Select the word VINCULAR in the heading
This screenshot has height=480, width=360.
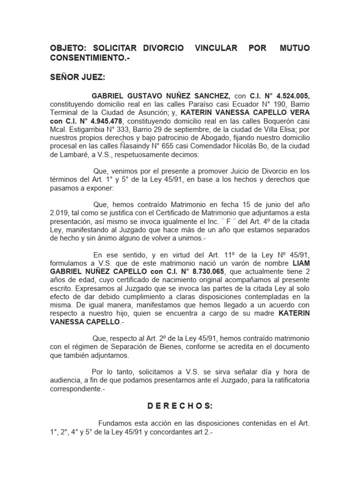point(211,48)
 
